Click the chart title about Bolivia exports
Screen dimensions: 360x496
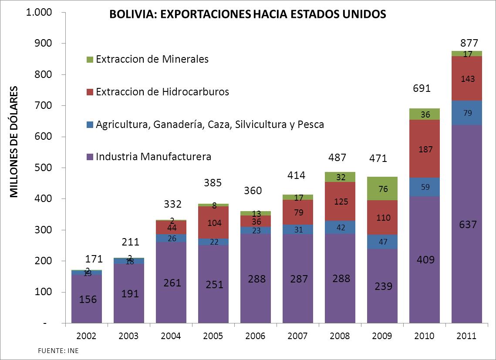click(x=247, y=15)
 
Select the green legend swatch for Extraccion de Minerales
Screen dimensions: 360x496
click(x=90, y=59)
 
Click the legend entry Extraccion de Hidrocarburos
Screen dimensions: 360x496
click(x=162, y=92)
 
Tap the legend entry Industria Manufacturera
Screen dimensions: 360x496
click(x=153, y=157)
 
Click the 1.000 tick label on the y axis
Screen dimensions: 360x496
click(x=40, y=13)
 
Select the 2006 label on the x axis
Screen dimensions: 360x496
click(x=256, y=336)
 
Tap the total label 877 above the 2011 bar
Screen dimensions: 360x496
click(x=469, y=43)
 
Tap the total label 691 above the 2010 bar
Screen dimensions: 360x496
click(x=422, y=89)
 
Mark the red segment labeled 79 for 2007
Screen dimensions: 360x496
click(x=298, y=212)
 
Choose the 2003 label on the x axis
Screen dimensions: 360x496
click(x=128, y=336)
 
